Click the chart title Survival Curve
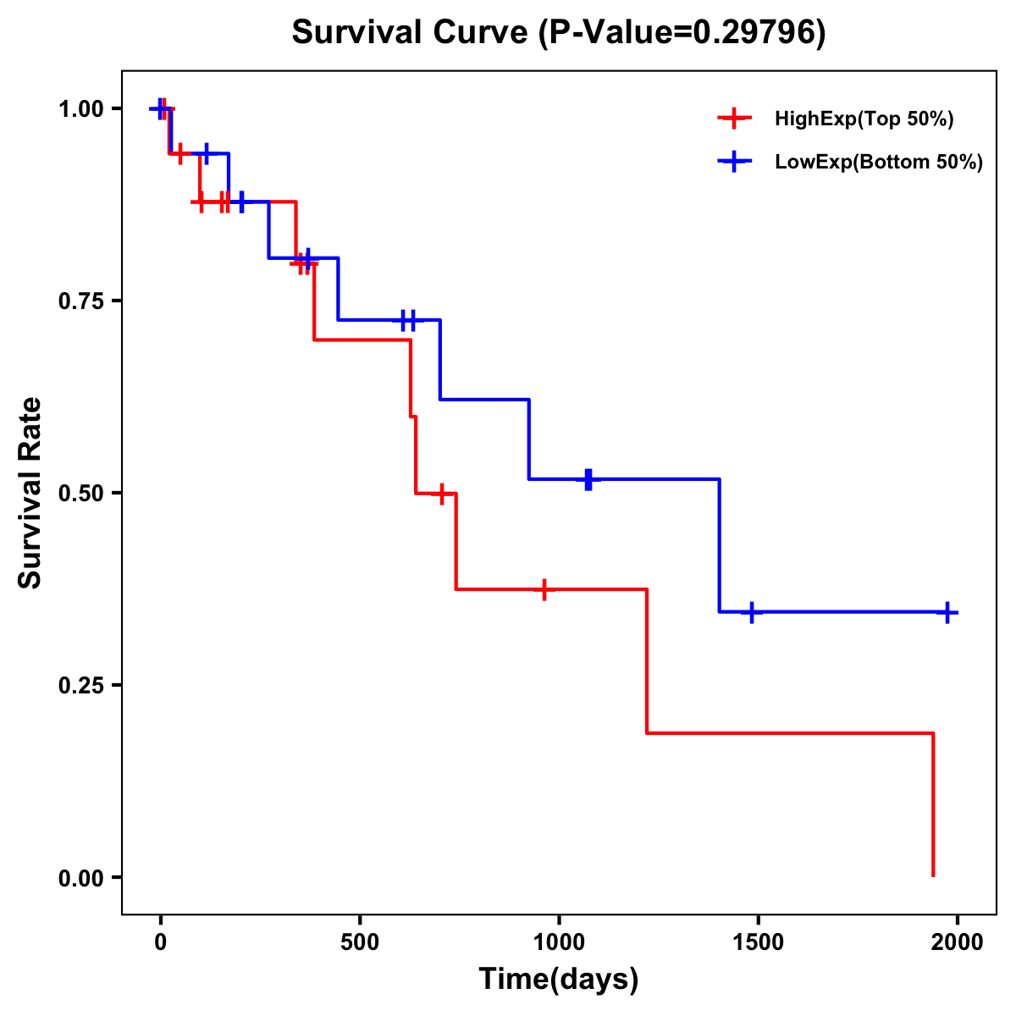click(558, 32)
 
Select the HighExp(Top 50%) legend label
click(864, 119)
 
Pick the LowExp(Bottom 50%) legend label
click(879, 163)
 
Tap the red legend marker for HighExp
click(734, 119)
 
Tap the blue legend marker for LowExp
click(734, 163)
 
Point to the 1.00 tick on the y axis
click(80, 109)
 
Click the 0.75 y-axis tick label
click(80, 301)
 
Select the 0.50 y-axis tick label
click(80, 494)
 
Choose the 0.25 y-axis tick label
click(80, 686)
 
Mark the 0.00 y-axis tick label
click(80, 878)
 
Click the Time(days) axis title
click(559, 980)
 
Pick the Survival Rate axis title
click(30, 493)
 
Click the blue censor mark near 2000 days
click(947, 612)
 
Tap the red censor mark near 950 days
click(544, 589)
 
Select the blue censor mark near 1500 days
click(750, 612)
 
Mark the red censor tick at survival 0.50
click(441, 494)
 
